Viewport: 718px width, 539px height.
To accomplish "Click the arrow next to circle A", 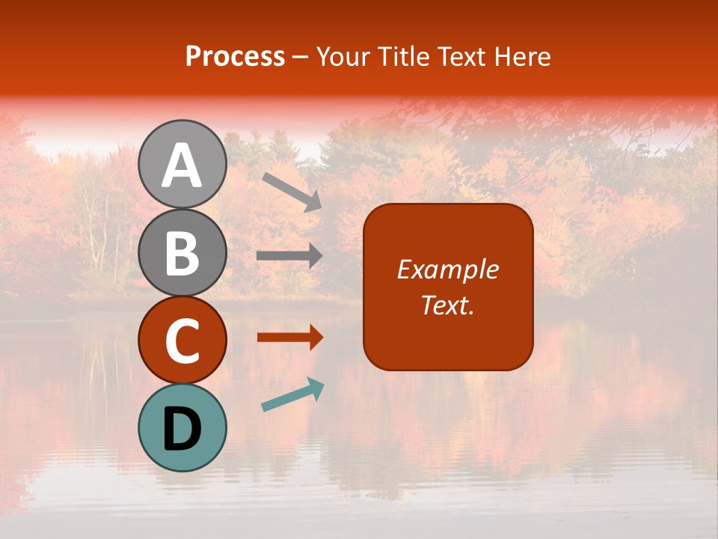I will coord(292,191).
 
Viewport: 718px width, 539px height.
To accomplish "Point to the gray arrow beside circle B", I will coord(289,256).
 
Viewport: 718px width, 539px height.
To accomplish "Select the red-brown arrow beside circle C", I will coord(289,338).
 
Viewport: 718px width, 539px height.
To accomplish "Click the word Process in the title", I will coord(235,57).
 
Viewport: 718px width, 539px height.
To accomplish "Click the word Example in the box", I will coord(448,269).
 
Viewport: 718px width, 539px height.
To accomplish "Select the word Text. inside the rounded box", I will coord(447,305).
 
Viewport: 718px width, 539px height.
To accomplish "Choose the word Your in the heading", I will coord(343,57).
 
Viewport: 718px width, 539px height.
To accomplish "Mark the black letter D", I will coord(182,429).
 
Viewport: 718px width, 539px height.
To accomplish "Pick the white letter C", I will coord(182,341).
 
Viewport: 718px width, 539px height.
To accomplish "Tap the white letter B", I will coord(182,254).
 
